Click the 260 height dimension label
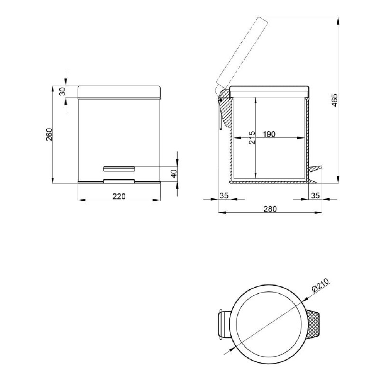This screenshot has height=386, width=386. click(x=49, y=134)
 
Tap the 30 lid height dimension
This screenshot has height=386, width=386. click(x=63, y=91)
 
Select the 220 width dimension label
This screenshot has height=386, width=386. click(x=119, y=196)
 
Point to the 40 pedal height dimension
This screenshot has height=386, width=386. click(x=174, y=174)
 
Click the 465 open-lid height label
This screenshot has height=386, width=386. click(x=334, y=100)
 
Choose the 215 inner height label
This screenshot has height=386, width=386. click(x=252, y=138)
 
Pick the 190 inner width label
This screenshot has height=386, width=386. click(x=269, y=134)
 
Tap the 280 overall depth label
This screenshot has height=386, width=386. click(x=270, y=209)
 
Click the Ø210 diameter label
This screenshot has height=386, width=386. click(x=320, y=285)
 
